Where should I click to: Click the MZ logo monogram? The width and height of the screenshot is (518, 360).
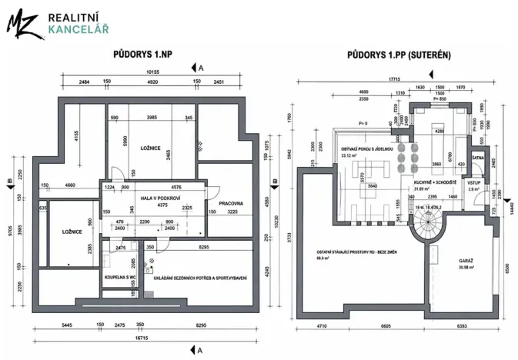pyautogui.click(x=23, y=24)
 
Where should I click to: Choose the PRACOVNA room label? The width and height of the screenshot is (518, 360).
pyautogui.click(x=230, y=203)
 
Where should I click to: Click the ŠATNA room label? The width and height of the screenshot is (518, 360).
pyautogui.click(x=477, y=157)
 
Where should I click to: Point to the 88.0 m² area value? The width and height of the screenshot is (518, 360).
pyautogui.click(x=321, y=258)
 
